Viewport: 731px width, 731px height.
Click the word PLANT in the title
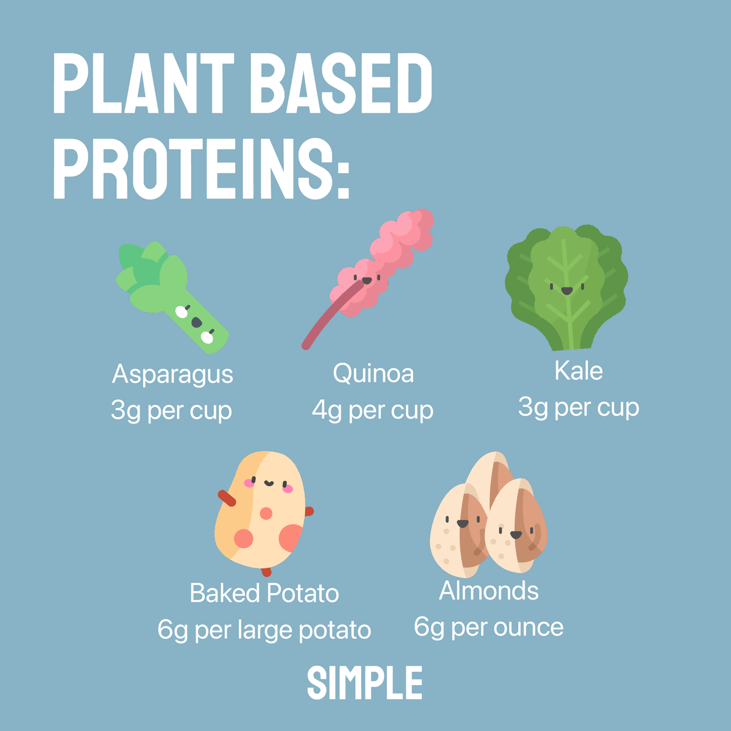coord(144,83)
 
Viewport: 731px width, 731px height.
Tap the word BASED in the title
coord(341,83)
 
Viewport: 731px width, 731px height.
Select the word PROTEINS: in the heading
coord(201,169)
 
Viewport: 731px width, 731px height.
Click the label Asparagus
coord(172,374)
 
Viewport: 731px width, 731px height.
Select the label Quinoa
coord(373,373)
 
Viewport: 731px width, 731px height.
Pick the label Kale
coord(578,370)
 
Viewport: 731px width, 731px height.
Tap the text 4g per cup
coord(372,410)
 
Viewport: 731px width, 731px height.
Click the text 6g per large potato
coord(264,630)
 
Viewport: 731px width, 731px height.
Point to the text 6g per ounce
coord(489,627)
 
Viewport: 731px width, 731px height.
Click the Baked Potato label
coord(264,593)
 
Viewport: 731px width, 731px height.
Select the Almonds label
coord(489,590)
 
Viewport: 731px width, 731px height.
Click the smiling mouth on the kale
coord(567,291)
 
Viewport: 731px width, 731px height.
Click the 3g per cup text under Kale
coord(578,407)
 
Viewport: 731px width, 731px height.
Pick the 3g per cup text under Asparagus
coord(171,411)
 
